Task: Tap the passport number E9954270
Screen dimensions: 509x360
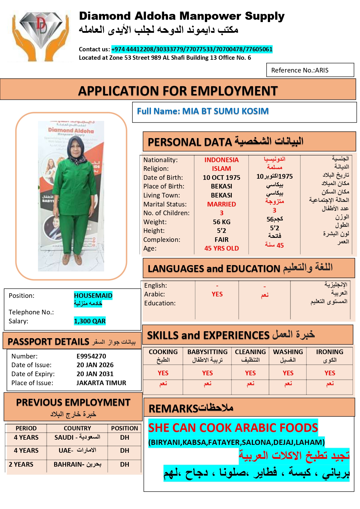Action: pyautogui.click(x=91, y=356)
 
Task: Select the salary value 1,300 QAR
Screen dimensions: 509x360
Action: pyautogui.click(x=90, y=321)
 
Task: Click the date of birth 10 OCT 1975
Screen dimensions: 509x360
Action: pyautogui.click(x=221, y=177)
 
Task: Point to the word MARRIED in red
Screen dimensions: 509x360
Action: pyautogui.click(x=221, y=204)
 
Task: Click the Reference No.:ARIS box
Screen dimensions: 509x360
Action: pyautogui.click(x=310, y=70)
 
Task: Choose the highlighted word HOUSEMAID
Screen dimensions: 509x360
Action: pyautogui.click(x=93, y=296)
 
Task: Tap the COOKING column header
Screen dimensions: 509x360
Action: pyautogui.click(x=163, y=352)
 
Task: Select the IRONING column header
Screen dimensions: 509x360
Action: pyautogui.click(x=330, y=352)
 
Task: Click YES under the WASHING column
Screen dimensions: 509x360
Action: pyautogui.click(x=288, y=373)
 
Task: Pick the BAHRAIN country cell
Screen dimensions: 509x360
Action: pyautogui.click(x=77, y=464)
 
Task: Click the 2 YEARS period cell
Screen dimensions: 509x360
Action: pyautogui.click(x=21, y=464)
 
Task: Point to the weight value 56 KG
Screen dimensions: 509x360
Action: pyautogui.click(x=222, y=222)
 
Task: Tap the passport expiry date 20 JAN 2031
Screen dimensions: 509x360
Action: pyautogui.click(x=95, y=374)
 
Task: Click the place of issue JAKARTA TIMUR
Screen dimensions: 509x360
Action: pyautogui.click(x=101, y=383)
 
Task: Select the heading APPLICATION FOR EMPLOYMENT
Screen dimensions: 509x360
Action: pyautogui.click(x=178, y=91)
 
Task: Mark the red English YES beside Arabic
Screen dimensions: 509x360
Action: pyautogui.click(x=217, y=294)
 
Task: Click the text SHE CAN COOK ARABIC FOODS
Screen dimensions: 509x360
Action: pyautogui.click(x=233, y=428)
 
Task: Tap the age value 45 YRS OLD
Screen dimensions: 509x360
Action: pyautogui.click(x=222, y=248)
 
